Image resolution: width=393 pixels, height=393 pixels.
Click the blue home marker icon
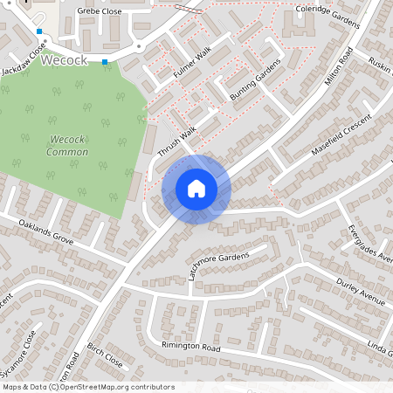point(196,189)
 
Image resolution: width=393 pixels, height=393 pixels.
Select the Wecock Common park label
point(69,146)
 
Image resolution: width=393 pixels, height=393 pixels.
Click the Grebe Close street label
point(98,11)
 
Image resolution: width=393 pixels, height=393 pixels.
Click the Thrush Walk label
point(177,139)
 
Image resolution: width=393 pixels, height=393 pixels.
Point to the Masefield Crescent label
point(341,134)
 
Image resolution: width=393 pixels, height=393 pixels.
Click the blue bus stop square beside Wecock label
point(106,62)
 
